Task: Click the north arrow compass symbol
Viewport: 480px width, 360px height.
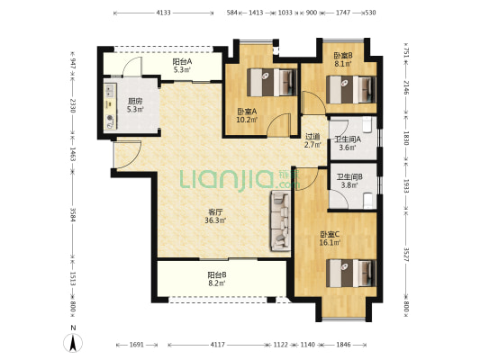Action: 73,343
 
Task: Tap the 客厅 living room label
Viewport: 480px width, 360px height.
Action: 215,212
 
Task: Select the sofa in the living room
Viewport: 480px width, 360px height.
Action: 280,220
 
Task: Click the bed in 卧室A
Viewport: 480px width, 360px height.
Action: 272,82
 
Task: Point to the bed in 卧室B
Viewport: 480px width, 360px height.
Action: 351,90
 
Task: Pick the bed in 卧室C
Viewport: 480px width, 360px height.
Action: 351,273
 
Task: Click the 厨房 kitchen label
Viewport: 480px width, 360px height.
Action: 135,101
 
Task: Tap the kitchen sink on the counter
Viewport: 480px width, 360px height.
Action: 110,90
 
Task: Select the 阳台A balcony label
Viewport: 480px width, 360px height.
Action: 183,61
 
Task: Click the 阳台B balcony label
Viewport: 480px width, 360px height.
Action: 217,274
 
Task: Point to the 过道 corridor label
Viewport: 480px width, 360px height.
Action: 312,137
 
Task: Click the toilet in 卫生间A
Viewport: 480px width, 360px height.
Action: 367,124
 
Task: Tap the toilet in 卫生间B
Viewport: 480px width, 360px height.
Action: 367,201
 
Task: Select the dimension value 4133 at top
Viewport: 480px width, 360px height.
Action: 163,13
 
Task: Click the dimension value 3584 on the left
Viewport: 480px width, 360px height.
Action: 73,215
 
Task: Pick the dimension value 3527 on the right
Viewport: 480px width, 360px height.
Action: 406,254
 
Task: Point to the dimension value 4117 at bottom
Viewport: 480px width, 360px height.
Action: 218,345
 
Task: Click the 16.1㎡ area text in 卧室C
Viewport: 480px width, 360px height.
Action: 330,243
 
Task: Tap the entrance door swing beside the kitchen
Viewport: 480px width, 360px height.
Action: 127,155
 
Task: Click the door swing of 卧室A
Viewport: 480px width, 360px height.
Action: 278,124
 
